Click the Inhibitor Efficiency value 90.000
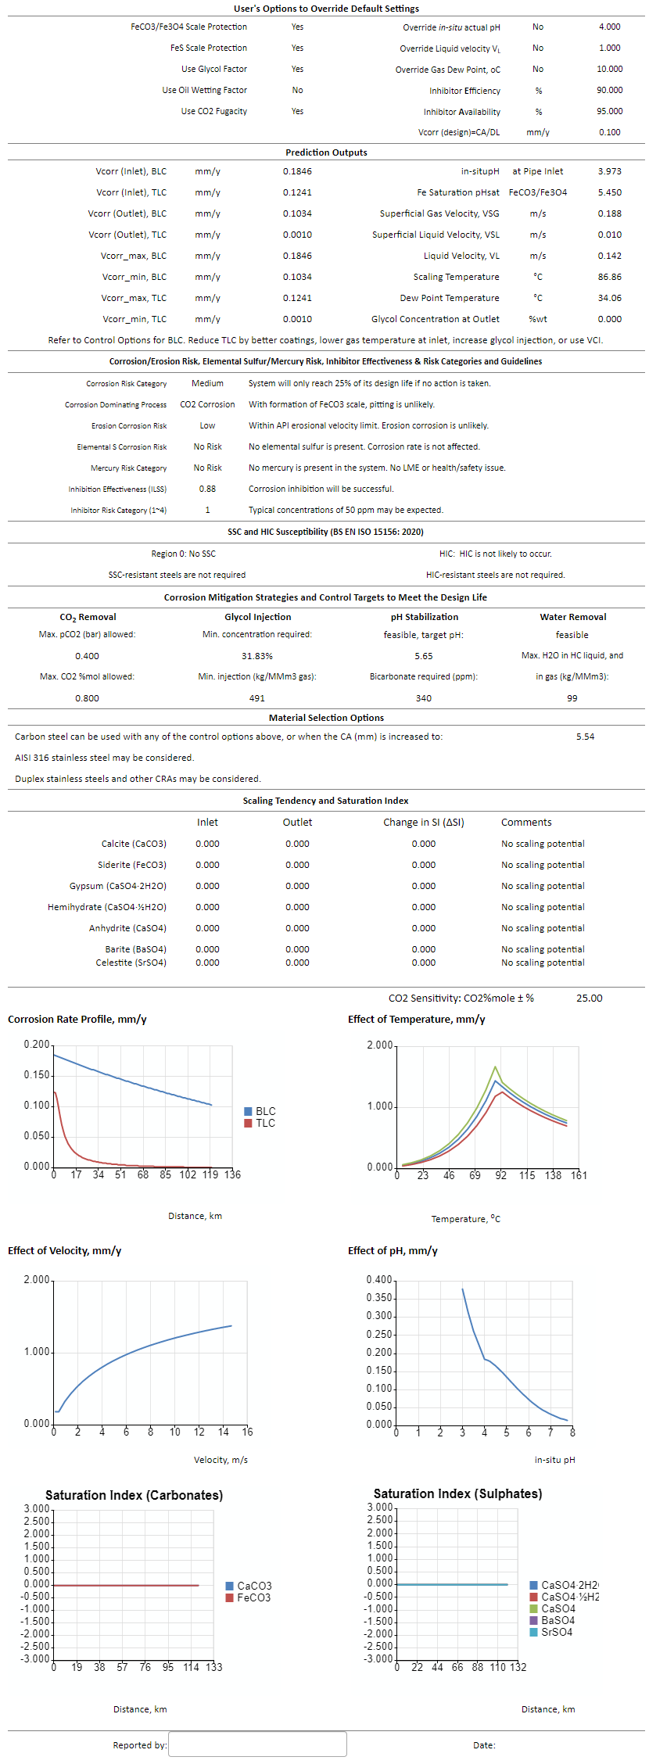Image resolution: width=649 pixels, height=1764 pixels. coord(610,90)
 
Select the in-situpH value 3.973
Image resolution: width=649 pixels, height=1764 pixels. coord(610,171)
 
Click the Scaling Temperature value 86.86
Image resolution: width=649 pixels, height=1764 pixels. coord(610,277)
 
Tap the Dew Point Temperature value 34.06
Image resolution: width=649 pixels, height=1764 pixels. coord(610,298)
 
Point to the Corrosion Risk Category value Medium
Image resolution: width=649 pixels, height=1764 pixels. coord(207,383)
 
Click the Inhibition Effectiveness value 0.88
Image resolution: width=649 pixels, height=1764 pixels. coord(207,489)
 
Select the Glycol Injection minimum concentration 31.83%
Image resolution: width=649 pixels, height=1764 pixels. coord(257,656)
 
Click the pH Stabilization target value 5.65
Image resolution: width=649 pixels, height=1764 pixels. coord(424,656)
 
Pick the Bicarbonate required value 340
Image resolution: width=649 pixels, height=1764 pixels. coord(424,698)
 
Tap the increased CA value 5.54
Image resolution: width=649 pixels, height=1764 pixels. coord(586,737)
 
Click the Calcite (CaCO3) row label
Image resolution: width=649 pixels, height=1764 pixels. coord(134,844)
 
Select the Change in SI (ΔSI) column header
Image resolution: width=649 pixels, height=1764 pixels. coord(424,823)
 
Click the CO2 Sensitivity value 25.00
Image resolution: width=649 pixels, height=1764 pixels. coord(590,999)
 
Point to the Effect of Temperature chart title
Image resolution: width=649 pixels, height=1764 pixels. coord(417,1020)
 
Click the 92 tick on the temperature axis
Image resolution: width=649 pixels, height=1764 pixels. coord(500,1175)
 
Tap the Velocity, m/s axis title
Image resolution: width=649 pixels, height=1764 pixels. coord(221,1460)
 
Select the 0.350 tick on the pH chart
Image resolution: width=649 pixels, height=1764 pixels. coord(379,1298)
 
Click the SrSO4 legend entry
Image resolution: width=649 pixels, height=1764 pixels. coord(551,1632)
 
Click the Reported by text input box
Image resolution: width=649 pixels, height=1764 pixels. coord(257,1744)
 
